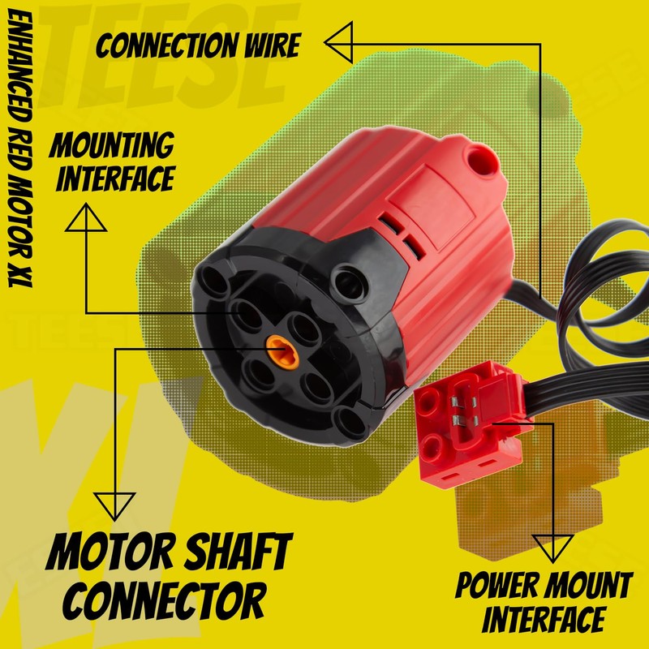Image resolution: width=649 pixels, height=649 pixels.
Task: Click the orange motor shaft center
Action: click(x=277, y=350)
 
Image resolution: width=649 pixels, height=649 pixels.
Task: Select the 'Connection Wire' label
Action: click(x=198, y=45)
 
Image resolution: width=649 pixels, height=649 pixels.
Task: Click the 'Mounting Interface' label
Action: click(x=113, y=161)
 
